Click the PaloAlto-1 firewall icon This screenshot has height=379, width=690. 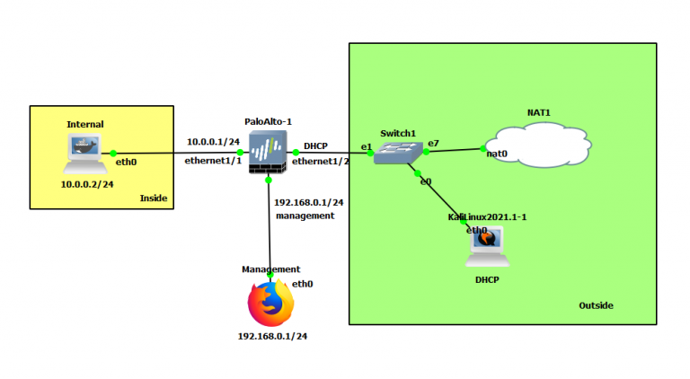coord(268,153)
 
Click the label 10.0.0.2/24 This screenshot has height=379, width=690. coord(87,184)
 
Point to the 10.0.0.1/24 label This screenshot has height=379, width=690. coord(213,142)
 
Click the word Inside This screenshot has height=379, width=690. coord(154,198)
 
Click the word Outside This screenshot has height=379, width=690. coord(596,305)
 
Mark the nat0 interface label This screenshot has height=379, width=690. coord(497,154)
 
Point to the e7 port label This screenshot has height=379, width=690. coord(433,143)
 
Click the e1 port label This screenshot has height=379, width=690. coord(366,145)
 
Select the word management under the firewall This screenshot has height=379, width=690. coord(305,216)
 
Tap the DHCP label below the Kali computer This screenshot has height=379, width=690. coord(486,280)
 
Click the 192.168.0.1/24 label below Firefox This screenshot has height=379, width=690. coord(272,336)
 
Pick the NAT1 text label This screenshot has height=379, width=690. coord(538,112)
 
